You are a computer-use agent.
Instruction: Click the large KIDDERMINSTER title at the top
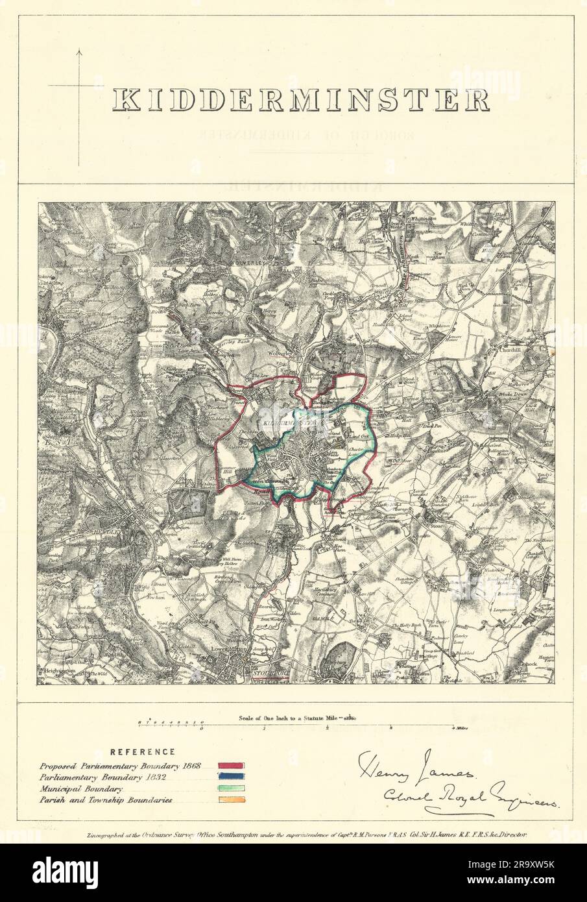pos(301,99)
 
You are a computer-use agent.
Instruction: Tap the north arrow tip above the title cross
pos(80,49)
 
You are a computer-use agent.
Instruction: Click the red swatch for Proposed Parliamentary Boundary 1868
pos(232,766)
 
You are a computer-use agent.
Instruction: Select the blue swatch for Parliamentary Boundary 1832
pos(232,777)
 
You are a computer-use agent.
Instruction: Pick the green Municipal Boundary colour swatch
pos(232,789)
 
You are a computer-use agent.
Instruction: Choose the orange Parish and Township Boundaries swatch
pos(232,801)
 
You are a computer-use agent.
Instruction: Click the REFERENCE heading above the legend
pos(142,752)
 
